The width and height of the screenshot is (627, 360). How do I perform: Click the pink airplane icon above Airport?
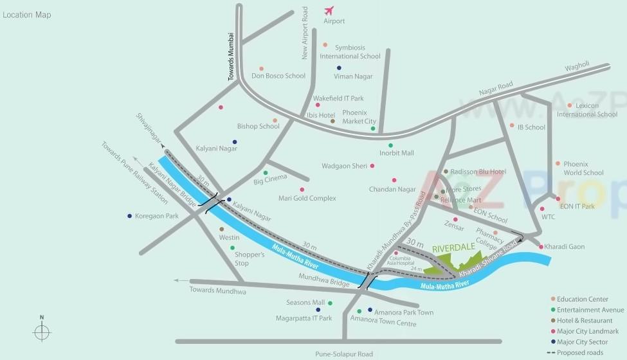click(x=330, y=11)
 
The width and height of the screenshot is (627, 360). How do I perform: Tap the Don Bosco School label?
click(x=278, y=76)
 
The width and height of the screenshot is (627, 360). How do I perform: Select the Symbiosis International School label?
click(x=350, y=52)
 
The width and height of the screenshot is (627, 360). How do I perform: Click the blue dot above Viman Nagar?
click(x=339, y=67)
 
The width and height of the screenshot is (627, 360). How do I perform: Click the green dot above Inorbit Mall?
click(x=390, y=145)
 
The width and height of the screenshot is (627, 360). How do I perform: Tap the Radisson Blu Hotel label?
click(x=478, y=172)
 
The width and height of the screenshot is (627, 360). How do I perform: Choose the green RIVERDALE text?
click(x=453, y=247)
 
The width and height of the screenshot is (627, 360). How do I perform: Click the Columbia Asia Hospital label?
click(x=401, y=260)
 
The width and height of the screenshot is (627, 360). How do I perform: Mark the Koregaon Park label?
click(x=157, y=216)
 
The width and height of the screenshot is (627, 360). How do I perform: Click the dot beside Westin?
click(x=222, y=229)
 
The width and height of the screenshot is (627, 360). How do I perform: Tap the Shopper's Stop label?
click(x=250, y=259)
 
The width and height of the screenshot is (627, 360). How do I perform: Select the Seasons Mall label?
click(x=305, y=303)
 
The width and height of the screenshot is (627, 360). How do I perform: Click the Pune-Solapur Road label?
click(x=344, y=354)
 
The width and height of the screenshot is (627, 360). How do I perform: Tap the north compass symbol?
click(x=42, y=331)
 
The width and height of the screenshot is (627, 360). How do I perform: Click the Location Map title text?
click(x=27, y=15)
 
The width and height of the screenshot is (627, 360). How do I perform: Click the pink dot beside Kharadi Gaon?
click(x=541, y=246)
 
